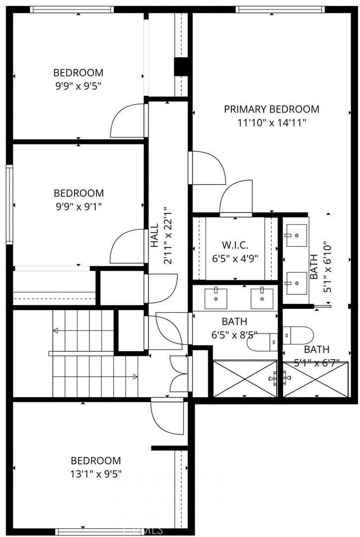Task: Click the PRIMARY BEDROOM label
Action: pyautogui.click(x=272, y=109)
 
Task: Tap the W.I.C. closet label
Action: pyautogui.click(x=235, y=245)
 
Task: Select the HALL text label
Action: pyautogui.click(x=155, y=235)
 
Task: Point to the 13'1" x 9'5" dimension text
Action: pyautogui.click(x=96, y=474)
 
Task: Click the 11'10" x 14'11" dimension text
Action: pyautogui.click(x=272, y=123)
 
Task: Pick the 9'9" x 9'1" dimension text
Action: pyautogui.click(x=79, y=206)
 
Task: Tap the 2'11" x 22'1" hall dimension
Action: pyautogui.click(x=168, y=235)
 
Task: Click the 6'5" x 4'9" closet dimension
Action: pyautogui.click(x=235, y=259)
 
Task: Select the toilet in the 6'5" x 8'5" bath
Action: pyautogui.click(x=262, y=342)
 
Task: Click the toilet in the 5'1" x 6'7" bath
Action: pyautogui.click(x=298, y=335)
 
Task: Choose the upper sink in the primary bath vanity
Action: pyautogui.click(x=296, y=235)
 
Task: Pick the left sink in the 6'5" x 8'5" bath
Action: pyautogui.click(x=216, y=298)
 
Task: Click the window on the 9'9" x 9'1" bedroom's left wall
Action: pyautogui.click(x=9, y=205)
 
